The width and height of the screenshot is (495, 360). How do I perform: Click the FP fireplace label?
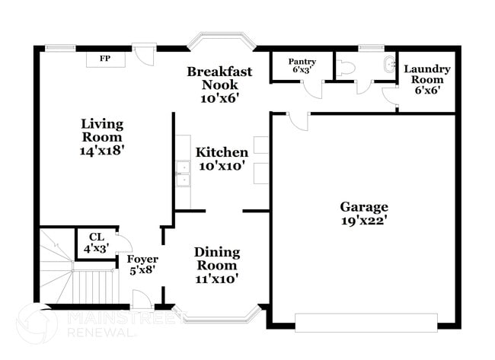pyautogui.click(x=102, y=58)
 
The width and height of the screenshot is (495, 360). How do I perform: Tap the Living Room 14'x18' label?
pyautogui.click(x=103, y=137)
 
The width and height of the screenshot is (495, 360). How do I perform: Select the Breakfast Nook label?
pyautogui.click(x=220, y=84)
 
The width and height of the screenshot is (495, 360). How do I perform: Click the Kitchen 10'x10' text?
pyautogui.click(x=221, y=158)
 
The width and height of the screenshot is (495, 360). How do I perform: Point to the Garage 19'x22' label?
pyautogui.click(x=364, y=213)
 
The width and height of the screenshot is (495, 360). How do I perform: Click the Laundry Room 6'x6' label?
pyautogui.click(x=426, y=79)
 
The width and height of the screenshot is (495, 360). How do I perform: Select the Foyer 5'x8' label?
pyautogui.click(x=142, y=265)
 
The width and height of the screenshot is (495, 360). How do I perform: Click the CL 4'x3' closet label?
pyautogui.click(x=96, y=243)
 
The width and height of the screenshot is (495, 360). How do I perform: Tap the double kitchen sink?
pyautogui.click(x=182, y=174)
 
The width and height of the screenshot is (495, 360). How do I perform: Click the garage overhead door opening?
pyautogui.click(x=366, y=322)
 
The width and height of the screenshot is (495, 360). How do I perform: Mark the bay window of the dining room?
pyautogui.click(x=216, y=314)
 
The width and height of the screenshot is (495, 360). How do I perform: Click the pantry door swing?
pyautogui.click(x=310, y=88)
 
